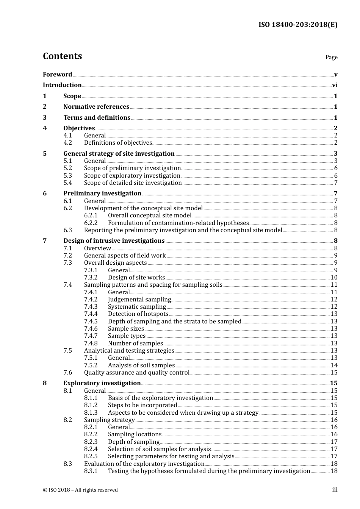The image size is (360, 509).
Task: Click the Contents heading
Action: point(62,56)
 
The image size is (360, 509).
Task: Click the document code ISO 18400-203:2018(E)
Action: point(298,25)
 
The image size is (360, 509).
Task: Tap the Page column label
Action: point(331,57)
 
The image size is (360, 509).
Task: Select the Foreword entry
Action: point(57,75)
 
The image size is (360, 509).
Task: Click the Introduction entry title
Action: point(62,85)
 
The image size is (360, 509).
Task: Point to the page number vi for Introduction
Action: point(335,85)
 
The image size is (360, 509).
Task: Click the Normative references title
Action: point(96,107)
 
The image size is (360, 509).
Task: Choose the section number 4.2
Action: point(67,143)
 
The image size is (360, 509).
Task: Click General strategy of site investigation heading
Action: point(119,154)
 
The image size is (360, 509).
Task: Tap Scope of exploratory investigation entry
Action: point(132,176)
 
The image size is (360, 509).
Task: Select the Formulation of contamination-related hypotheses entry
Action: point(178,223)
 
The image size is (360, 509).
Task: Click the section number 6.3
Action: point(67,230)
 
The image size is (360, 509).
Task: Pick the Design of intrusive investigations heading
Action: point(114,241)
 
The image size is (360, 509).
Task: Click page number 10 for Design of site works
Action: point(334,278)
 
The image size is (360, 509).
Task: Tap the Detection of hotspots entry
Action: point(138,314)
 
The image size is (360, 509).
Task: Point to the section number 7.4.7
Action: point(91,336)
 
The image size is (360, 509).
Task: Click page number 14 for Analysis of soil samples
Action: point(334,365)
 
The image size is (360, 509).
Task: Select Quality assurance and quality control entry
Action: point(136,373)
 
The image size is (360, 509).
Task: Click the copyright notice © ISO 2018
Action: point(80,490)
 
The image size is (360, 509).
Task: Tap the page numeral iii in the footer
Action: point(335,490)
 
